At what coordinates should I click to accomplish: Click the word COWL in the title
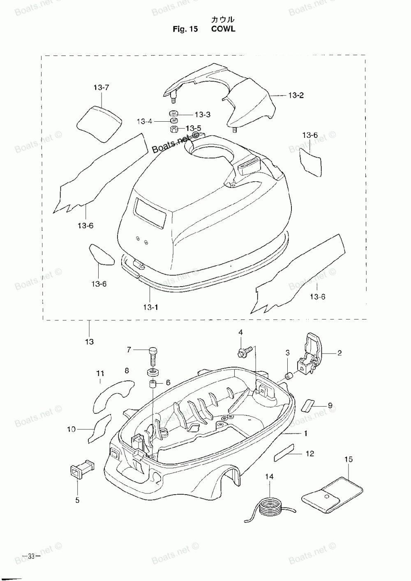click(x=223, y=29)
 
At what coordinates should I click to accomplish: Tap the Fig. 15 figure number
click(x=185, y=29)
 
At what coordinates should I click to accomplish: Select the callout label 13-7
click(x=102, y=88)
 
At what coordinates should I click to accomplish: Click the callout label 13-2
click(x=296, y=95)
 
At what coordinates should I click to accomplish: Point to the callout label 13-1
click(x=151, y=308)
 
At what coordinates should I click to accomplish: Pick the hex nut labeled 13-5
click(x=173, y=129)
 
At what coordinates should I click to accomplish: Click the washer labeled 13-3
click(x=173, y=113)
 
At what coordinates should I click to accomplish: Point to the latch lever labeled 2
click(x=309, y=355)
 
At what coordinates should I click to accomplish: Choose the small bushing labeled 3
click(x=289, y=376)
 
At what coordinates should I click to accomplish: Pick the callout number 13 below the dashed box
click(x=89, y=342)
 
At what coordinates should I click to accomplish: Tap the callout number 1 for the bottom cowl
click(x=306, y=433)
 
